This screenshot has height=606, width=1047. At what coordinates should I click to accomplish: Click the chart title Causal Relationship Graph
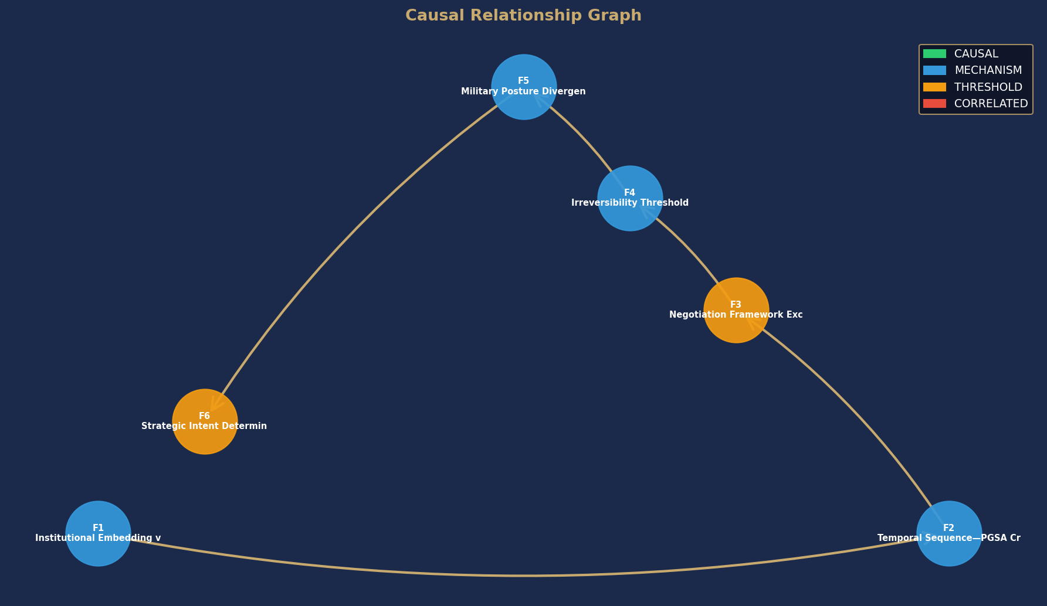coord(523,16)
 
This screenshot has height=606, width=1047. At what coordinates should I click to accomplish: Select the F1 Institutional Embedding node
coord(98,533)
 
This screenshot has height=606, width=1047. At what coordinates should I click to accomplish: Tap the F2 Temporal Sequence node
coord(949,533)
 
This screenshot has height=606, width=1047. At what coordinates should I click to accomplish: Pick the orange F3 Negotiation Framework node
coord(736,310)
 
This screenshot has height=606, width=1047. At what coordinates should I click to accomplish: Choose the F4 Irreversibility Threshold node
coord(630,198)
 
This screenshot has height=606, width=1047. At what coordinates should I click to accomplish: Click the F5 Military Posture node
coord(524,87)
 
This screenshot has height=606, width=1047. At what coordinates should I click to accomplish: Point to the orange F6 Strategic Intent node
coord(205,421)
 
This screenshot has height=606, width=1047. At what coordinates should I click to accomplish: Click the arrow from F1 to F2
coord(524,576)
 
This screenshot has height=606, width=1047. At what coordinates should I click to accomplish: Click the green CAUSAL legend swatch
coord(934,54)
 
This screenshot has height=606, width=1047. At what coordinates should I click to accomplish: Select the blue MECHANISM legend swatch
coord(934,70)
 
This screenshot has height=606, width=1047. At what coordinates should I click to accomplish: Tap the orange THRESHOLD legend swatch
coord(934,87)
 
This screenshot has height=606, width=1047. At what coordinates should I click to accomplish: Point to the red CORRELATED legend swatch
coord(934,104)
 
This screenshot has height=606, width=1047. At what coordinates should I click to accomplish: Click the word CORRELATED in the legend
coord(991,104)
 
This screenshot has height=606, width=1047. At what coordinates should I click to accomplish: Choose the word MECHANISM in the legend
coord(988,70)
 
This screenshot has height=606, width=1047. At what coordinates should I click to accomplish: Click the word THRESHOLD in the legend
coord(988,87)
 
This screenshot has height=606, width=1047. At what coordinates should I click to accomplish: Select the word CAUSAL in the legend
coord(976,54)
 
